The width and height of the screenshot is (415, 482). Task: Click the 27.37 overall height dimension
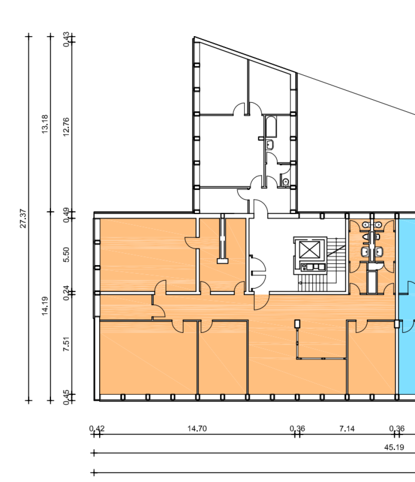tap(23, 218)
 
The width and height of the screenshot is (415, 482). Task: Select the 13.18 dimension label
tap(45, 124)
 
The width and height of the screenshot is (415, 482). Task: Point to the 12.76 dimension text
tap(66, 127)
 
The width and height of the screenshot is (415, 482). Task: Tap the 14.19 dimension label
tap(45, 306)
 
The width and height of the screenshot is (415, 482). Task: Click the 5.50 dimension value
tap(66, 254)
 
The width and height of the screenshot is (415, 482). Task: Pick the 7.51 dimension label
tap(66, 344)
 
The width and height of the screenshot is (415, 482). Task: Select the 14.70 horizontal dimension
tap(197, 428)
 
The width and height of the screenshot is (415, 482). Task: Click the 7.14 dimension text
tap(347, 428)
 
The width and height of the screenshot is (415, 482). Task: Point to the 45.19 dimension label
tap(394, 447)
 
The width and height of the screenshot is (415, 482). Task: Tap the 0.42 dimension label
tap(97, 428)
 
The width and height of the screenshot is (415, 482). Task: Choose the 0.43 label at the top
tap(66, 40)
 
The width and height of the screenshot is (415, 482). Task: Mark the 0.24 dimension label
tap(66, 293)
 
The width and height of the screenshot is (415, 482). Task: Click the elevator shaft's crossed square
tap(310, 249)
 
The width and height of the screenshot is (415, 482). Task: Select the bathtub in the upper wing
tap(271, 126)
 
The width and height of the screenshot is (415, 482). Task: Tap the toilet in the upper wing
tap(285, 182)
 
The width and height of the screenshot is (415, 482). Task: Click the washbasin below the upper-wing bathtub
tap(270, 144)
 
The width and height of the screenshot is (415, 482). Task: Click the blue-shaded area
tap(407, 308)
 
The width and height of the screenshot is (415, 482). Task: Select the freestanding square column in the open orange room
tap(297, 323)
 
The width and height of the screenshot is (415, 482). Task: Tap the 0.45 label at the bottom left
tap(66, 398)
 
